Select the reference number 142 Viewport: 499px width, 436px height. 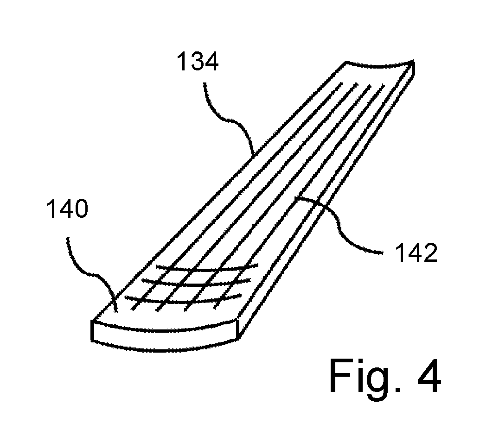click(416, 253)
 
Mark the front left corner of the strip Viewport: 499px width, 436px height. click(92, 320)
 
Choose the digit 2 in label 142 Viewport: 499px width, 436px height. click(430, 253)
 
